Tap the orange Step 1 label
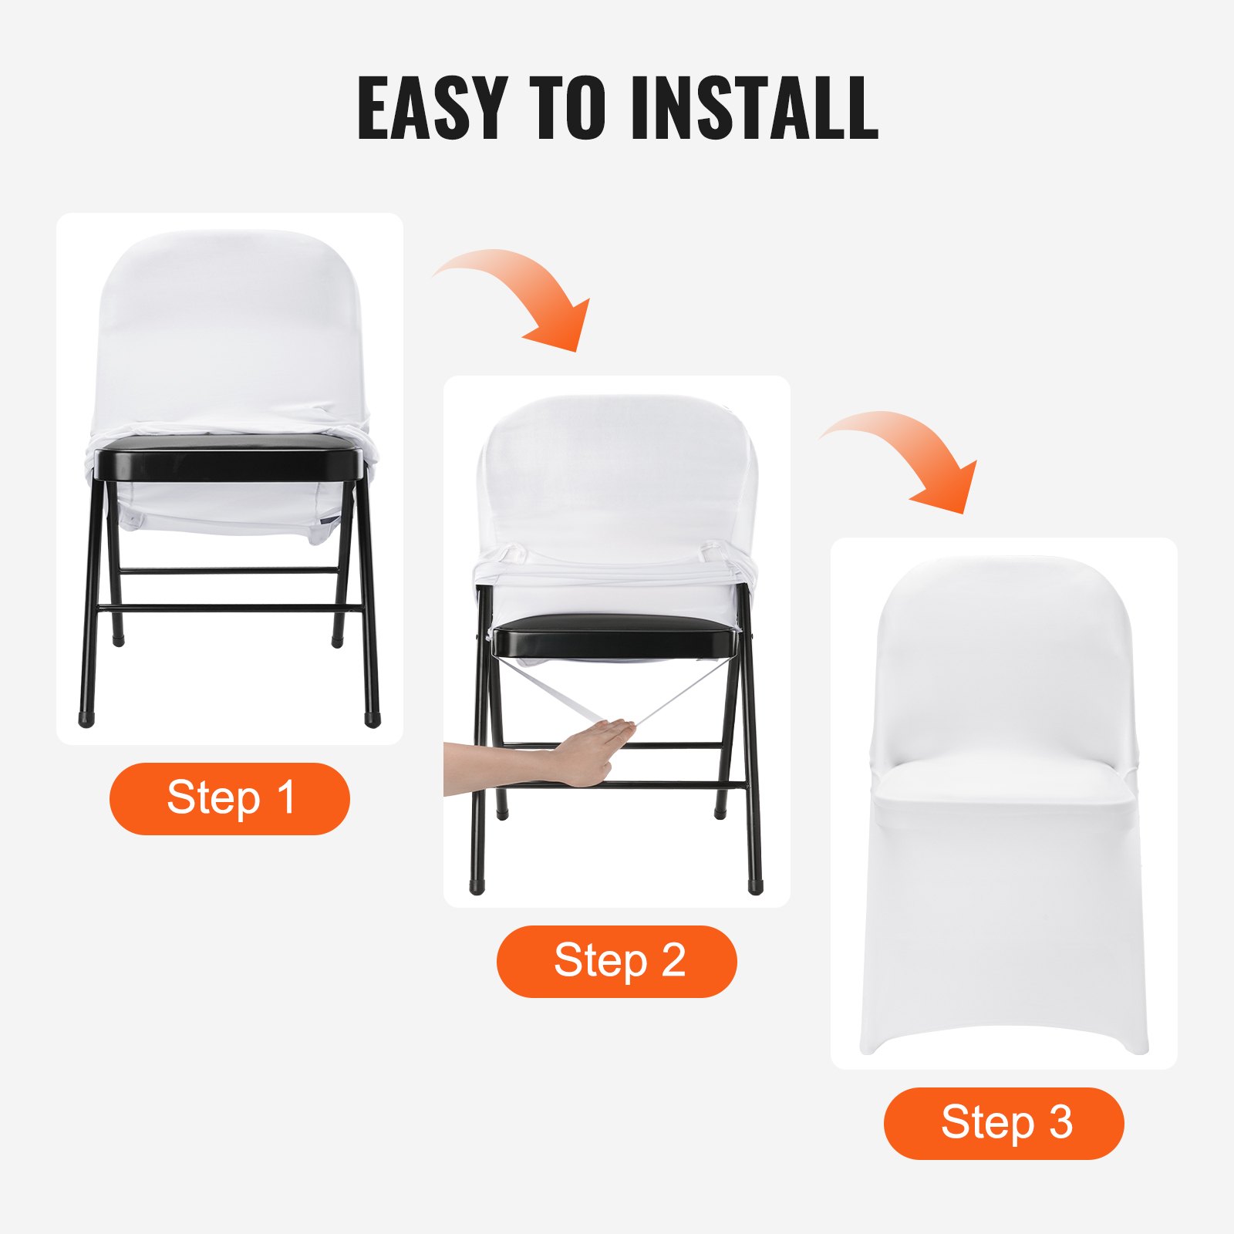(230, 798)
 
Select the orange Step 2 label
(617, 961)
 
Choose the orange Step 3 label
(1004, 1123)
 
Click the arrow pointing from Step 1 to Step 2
(524, 297)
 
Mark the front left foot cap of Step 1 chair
(86, 719)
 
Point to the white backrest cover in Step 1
(230, 332)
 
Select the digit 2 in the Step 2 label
(673, 961)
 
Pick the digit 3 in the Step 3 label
(1061, 1123)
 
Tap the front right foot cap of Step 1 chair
(373, 719)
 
